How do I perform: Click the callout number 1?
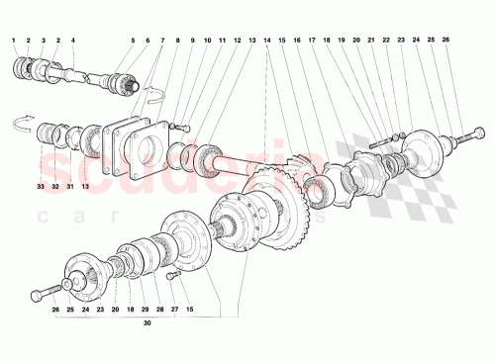[x=13, y=40]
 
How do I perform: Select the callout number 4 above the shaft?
[x=72, y=40]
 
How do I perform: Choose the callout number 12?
[x=238, y=40]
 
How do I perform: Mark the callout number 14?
[x=267, y=40]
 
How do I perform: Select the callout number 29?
[x=146, y=309]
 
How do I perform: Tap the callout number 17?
[x=312, y=40]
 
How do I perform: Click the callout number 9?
[x=192, y=40]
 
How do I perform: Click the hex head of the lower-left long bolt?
[x=36, y=294]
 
